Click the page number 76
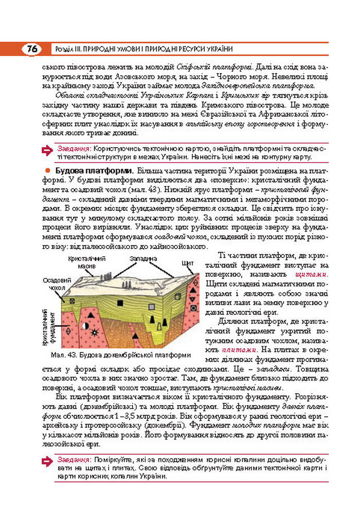coord(32,49)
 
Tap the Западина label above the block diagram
coord(140,258)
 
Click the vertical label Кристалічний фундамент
coord(50,327)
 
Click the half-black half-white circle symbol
coord(85,326)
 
